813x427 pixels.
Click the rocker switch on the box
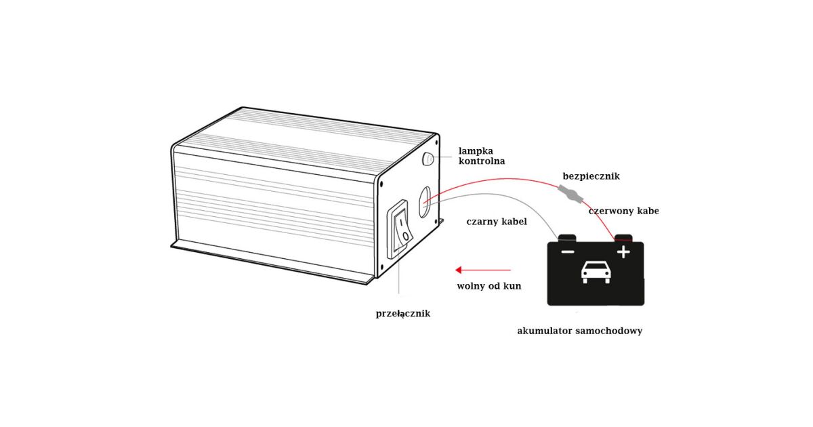pos(400,228)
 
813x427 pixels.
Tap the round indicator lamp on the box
pos(428,159)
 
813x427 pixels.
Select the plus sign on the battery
pos(623,252)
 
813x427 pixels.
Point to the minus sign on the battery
pos(568,252)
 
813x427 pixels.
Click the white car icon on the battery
pos(596,272)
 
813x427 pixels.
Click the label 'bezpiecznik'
pos(591,176)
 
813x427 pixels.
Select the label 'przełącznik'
pos(403,313)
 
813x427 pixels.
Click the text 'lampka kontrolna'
pos(482,156)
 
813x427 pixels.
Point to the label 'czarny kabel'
pos(497,222)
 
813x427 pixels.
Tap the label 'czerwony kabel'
pos(623,211)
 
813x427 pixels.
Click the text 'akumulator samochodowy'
pos(579,331)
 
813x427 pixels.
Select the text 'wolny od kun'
pos(489,286)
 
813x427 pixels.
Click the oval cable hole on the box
pos(425,201)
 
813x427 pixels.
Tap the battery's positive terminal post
pos(623,238)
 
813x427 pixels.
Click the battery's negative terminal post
pos(567,238)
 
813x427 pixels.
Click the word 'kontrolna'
pos(482,161)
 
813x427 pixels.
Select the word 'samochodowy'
pos(609,331)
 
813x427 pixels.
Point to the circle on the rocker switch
pos(405,236)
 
